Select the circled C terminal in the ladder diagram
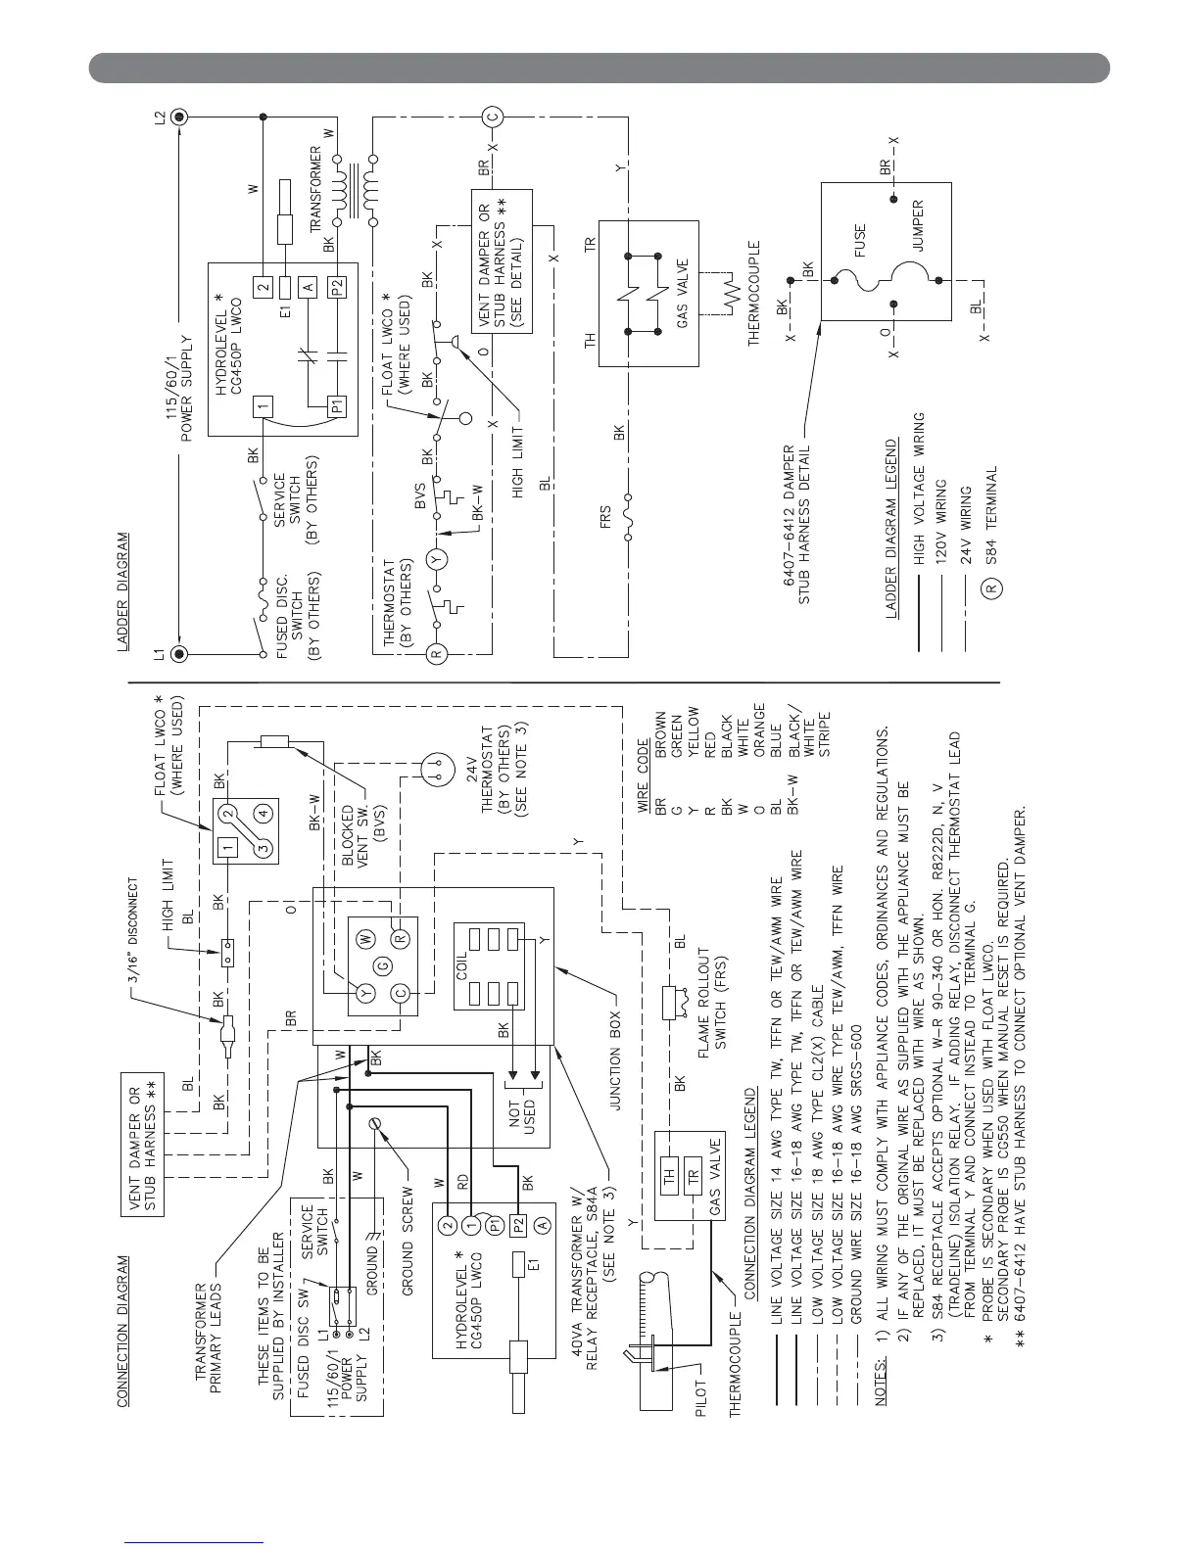coord(493,118)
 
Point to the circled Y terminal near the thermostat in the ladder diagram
coord(437,561)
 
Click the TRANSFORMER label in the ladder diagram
coord(315,187)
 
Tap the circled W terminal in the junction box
coord(365,938)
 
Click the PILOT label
coord(701,1394)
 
